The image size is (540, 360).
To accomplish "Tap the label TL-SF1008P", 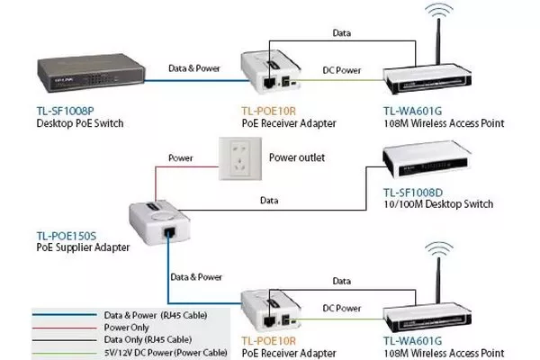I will click(x=64, y=110).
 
